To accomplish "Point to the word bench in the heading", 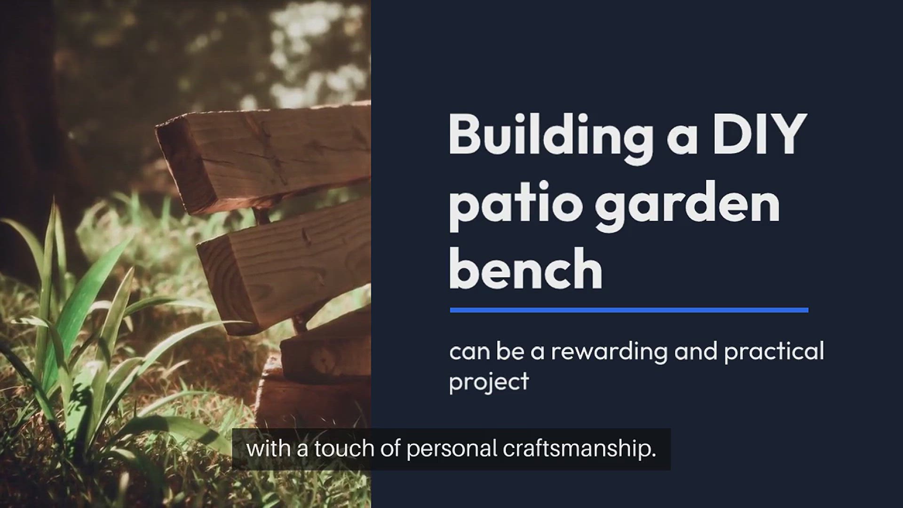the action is point(526,268).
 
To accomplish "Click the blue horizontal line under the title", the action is point(629,310).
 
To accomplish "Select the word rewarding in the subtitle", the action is point(609,352).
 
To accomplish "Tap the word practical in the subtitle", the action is point(774,351).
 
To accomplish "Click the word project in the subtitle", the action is point(489,381).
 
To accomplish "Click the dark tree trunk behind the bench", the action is point(28,118).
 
